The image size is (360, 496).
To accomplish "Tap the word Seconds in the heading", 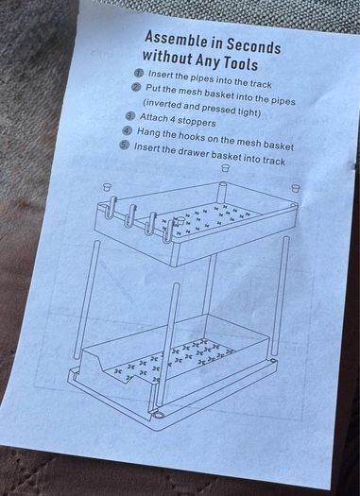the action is tap(253, 46).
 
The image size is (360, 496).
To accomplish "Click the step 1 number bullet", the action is tap(139, 74).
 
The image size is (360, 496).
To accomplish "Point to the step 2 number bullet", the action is tap(136, 87).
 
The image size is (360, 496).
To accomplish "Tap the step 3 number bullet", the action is tap(129, 116).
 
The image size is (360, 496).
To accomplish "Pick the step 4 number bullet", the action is tap(127, 130).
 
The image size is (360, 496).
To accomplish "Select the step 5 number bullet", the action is tap(124, 145).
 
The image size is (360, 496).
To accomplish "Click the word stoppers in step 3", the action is tap(197, 122).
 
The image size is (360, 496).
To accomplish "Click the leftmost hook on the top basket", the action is tap(111, 208).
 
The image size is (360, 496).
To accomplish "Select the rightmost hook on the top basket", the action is tap(169, 231).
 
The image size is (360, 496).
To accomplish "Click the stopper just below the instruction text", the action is tap(225, 167).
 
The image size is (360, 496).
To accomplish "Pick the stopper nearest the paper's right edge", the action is tap(295, 188).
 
